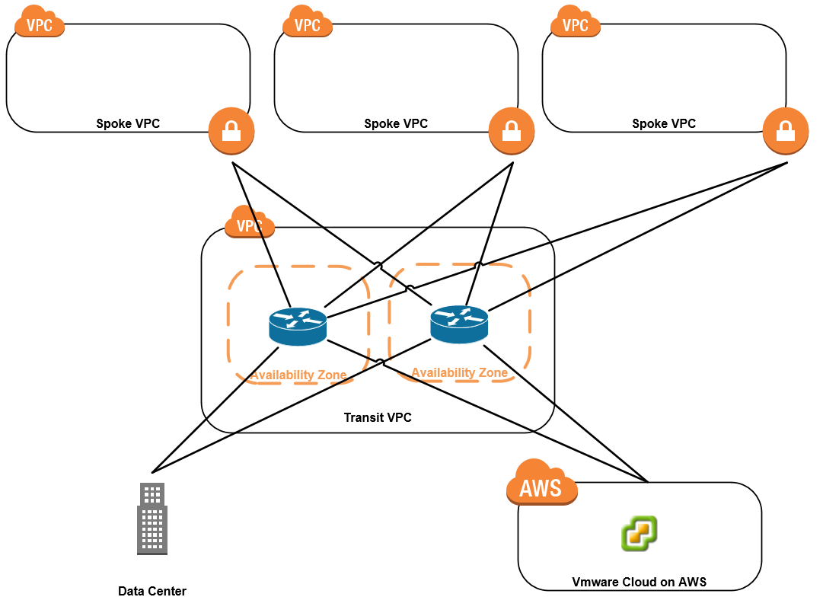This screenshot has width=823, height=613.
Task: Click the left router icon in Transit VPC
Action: point(298,327)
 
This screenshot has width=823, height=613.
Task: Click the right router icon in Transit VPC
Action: point(459,324)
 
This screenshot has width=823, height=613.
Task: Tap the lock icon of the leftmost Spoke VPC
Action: point(231,131)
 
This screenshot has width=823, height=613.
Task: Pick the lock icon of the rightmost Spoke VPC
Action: point(786,131)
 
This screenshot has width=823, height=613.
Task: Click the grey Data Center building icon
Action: point(152,518)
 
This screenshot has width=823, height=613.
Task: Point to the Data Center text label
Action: point(152,591)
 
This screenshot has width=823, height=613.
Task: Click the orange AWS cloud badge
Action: point(541,484)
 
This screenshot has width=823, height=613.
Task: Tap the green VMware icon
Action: point(639,533)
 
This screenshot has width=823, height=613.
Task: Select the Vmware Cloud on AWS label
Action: point(640,582)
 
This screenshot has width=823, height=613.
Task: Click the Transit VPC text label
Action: point(378,417)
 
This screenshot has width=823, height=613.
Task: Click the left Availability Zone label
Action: point(298,375)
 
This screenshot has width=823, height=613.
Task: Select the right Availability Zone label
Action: point(459,372)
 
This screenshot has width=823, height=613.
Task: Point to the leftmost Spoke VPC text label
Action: point(128,123)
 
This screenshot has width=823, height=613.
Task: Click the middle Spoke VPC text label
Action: point(396,123)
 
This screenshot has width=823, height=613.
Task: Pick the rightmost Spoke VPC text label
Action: point(664,123)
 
